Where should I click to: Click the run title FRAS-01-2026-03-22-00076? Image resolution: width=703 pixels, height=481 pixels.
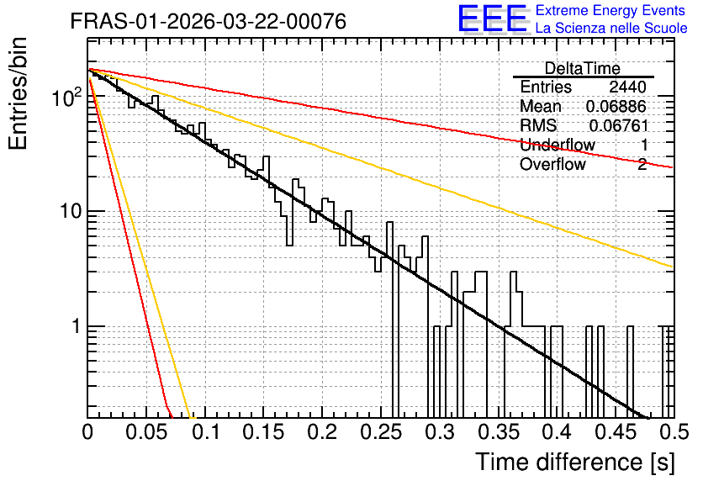pos(209,21)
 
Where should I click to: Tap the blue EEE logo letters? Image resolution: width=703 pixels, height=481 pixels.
pos(492,18)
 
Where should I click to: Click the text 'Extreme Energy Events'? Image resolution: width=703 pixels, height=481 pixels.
pos(610,10)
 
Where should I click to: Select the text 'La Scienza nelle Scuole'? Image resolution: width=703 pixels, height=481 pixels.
pos(611,28)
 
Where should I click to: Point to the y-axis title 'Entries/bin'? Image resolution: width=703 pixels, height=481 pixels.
pos(18,93)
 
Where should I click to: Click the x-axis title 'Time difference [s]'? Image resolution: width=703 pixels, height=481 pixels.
pos(575,462)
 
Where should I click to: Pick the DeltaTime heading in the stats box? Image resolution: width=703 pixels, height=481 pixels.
pos(583,68)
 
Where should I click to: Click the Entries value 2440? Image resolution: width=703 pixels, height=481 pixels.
pos(627,87)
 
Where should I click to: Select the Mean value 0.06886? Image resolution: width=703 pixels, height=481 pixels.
pos(616,106)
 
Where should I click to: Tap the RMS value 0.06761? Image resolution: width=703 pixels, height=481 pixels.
pos(619,125)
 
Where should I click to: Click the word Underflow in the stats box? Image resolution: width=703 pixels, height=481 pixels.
pos(558,145)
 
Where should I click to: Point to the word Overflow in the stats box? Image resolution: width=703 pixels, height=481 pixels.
pos(552,164)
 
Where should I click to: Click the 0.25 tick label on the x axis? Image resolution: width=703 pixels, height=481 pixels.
pos(382,432)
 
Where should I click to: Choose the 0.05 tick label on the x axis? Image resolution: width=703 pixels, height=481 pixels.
pos(146,432)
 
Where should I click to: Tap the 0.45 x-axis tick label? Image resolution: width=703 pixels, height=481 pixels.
pos(616,432)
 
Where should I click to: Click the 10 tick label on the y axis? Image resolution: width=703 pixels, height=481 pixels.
pos(71,211)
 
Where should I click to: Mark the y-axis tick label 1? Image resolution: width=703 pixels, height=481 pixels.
pos(77,326)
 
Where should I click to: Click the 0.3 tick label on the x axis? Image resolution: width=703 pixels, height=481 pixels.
pos(441,432)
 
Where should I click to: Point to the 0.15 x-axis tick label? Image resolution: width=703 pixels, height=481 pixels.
pos(264,432)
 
